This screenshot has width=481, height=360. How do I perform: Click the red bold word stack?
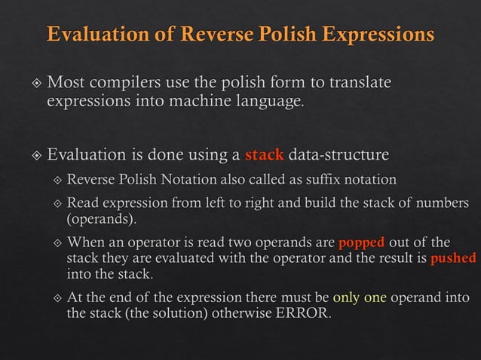pyautogui.click(x=265, y=156)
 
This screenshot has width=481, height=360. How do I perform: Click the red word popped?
pyautogui.click(x=362, y=243)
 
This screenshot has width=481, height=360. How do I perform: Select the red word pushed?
pyautogui.click(x=452, y=258)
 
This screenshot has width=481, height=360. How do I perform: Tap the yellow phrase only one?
pyautogui.click(x=360, y=297)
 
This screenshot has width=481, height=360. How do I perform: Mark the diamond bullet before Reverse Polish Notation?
pyautogui.click(x=57, y=180)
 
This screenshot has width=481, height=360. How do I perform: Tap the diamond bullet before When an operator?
pyautogui.click(x=57, y=243)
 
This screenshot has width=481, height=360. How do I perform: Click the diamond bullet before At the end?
pyautogui.click(x=57, y=298)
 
